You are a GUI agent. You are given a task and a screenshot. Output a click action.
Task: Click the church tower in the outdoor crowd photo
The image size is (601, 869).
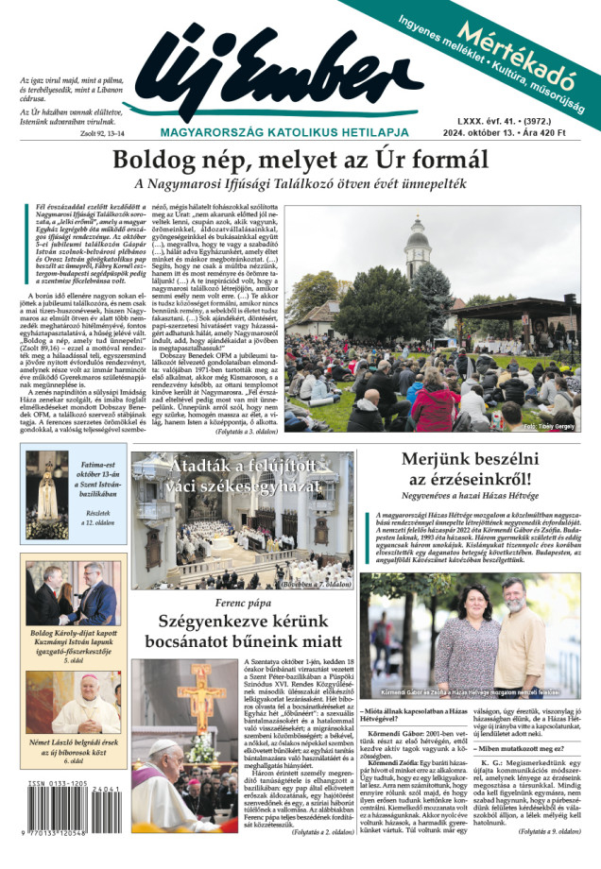(x=418, y=246)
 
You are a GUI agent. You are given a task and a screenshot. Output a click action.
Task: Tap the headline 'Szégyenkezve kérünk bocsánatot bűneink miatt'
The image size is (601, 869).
(x=242, y=633)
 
